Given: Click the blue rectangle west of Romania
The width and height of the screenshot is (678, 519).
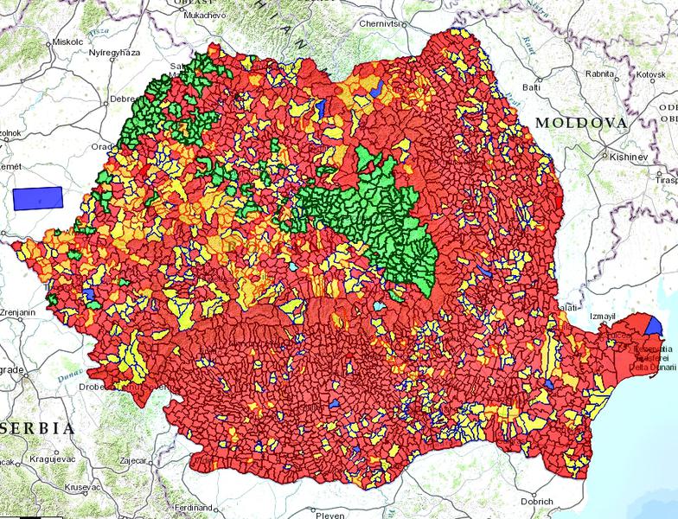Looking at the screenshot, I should pyautogui.click(x=38, y=198).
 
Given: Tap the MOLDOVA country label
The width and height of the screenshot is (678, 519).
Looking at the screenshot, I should pyautogui.click(x=580, y=124).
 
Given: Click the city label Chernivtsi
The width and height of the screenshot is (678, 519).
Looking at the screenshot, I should pyautogui.click(x=383, y=23).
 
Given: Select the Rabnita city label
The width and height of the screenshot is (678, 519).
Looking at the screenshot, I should pyautogui.click(x=599, y=74).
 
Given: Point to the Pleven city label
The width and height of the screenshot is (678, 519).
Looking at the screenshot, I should pyautogui.click(x=329, y=514).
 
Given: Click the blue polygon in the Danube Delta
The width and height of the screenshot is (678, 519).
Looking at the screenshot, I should pyautogui.click(x=653, y=326).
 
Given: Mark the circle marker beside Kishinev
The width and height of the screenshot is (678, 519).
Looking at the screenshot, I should pyautogui.click(x=604, y=157).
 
